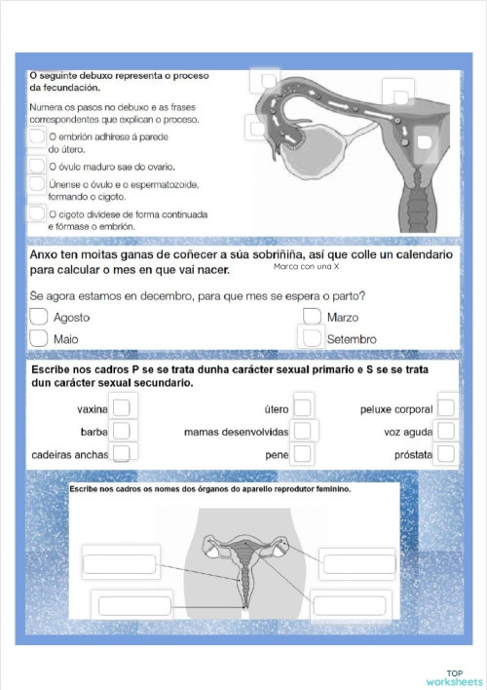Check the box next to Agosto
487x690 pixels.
pyautogui.click(x=39, y=317)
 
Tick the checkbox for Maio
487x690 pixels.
pyautogui.click(x=39, y=338)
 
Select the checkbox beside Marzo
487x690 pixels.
pyautogui.click(x=313, y=317)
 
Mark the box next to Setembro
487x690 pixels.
pyautogui.click(x=313, y=338)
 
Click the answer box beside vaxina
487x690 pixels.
pyautogui.click(x=121, y=409)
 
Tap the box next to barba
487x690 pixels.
pyautogui.click(x=121, y=431)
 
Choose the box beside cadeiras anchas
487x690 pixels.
pyautogui.click(x=121, y=453)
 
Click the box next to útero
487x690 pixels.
pyautogui.click(x=303, y=408)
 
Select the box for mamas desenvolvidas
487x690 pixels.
pyautogui.click(x=303, y=431)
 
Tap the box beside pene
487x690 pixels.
pyautogui.click(x=303, y=453)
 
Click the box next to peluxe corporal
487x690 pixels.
pyautogui.click(x=446, y=408)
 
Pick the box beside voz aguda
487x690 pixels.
pyautogui.click(x=446, y=431)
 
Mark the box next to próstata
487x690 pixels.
pyautogui.click(x=446, y=453)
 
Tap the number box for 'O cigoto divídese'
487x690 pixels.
pyautogui.click(x=36, y=214)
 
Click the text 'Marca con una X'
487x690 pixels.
pyautogui.click(x=306, y=266)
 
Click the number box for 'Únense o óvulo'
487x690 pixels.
pyautogui.click(x=36, y=185)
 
